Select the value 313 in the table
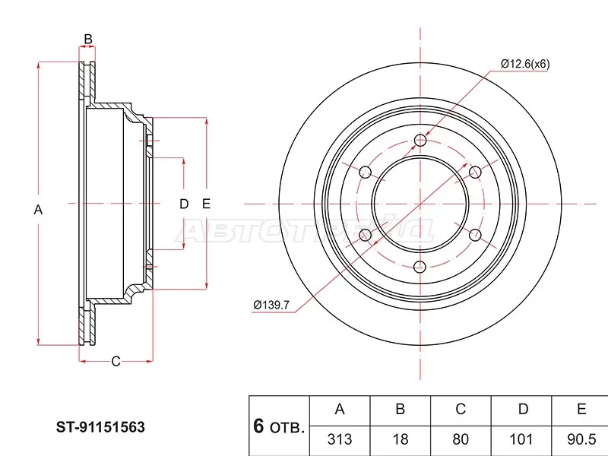pyautogui.click(x=340, y=439)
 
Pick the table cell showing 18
pyautogui.click(x=400, y=439)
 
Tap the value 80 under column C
pyautogui.click(x=461, y=439)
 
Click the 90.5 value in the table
pyautogui.click(x=581, y=439)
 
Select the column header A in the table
pyautogui.click(x=340, y=410)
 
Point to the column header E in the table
pyautogui.click(x=581, y=410)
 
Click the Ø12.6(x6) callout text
pyautogui.click(x=525, y=64)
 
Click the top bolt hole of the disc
pyautogui.click(x=420, y=140)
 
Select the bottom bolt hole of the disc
pyautogui.click(x=420, y=267)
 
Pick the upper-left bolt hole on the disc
pyautogui.click(x=365, y=172)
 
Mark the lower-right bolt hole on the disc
pyautogui.click(x=475, y=235)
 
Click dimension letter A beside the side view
pyautogui.click(x=39, y=210)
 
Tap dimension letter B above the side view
pyautogui.click(x=87, y=39)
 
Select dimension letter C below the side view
pyautogui.click(x=116, y=361)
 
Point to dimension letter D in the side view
pyautogui.click(x=183, y=203)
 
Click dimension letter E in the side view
pyautogui.click(x=206, y=203)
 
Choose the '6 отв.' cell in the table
pyautogui.click(x=279, y=426)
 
